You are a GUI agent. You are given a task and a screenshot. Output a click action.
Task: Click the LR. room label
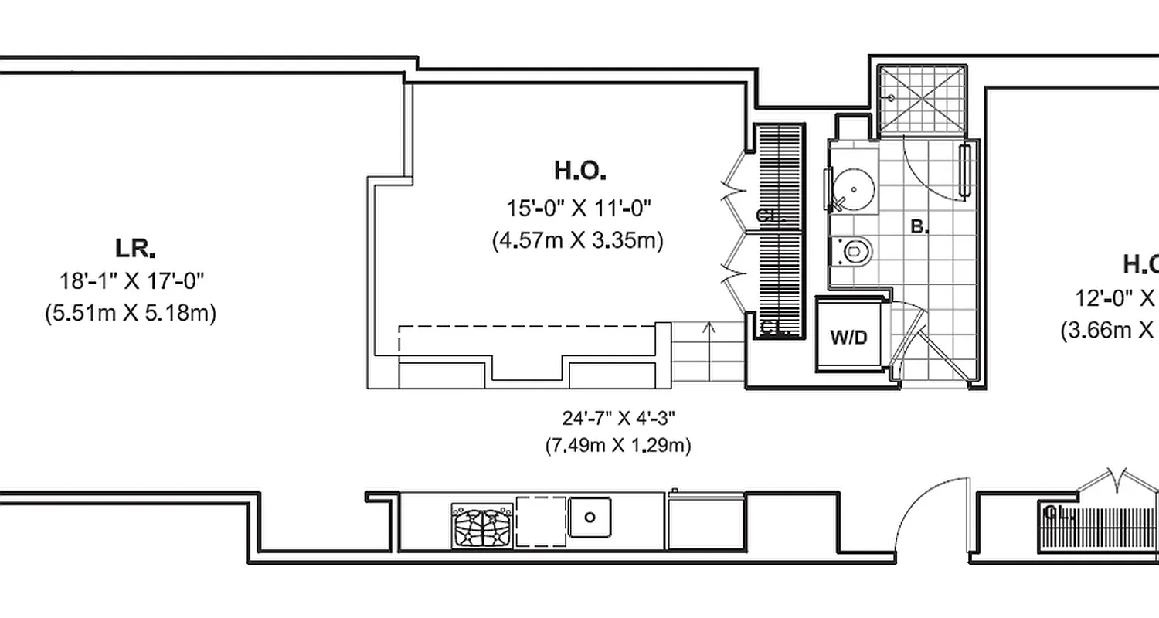click(x=135, y=249)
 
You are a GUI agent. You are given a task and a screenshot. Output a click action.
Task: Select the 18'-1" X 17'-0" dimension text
click(x=131, y=280)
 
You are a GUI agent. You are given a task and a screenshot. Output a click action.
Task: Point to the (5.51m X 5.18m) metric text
click(x=131, y=314)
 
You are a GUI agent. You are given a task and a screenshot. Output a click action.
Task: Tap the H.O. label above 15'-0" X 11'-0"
click(x=579, y=170)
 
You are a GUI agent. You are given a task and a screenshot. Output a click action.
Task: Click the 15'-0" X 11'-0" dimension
click(x=579, y=208)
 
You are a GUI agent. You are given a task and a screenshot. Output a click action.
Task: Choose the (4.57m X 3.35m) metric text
click(x=578, y=241)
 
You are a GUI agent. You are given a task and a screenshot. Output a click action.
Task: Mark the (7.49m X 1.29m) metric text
click(x=618, y=446)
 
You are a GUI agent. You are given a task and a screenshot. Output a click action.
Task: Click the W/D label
click(x=849, y=338)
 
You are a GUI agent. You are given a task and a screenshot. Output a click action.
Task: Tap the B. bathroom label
click(x=919, y=226)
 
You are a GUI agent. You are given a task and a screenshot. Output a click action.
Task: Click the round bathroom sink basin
click(x=856, y=188)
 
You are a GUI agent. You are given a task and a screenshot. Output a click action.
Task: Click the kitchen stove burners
click(x=482, y=525)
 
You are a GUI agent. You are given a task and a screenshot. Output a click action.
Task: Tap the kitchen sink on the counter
click(x=590, y=517)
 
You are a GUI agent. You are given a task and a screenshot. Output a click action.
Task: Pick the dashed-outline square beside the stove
click(x=540, y=521)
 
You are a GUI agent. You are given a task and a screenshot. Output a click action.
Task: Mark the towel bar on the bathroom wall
click(x=964, y=171)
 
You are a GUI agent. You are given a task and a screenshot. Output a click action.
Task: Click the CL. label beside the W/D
click(x=773, y=327)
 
